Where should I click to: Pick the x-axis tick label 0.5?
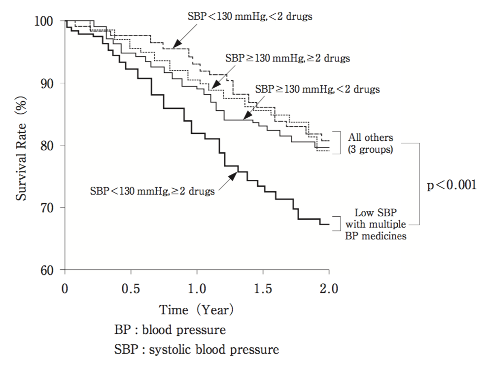[131, 289]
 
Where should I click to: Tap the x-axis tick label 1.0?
[197, 289]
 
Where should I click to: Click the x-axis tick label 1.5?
[263, 289]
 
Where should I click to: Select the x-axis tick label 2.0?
[328, 289]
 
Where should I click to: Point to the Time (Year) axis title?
[196, 310]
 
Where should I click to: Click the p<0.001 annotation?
[452, 186]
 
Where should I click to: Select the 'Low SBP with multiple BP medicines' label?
[374, 225]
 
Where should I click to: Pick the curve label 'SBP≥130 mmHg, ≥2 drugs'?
[287, 58]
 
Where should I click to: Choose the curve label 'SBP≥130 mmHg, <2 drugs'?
[318, 90]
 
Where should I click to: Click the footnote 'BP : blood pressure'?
[171, 330]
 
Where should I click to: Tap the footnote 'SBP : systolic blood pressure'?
[196, 350]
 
